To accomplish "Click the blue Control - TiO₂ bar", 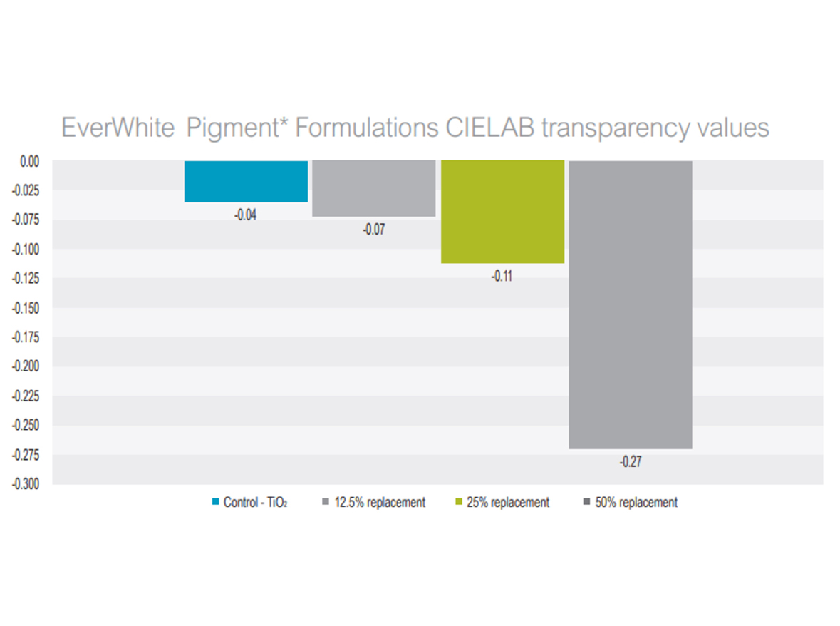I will (x=246, y=181).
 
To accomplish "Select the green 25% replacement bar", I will (x=503, y=212).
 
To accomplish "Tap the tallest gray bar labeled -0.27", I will (x=631, y=304).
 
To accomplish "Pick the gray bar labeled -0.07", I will (x=374, y=188).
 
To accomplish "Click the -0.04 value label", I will (x=245, y=215).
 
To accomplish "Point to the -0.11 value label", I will (x=502, y=277).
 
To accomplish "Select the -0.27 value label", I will (x=630, y=462).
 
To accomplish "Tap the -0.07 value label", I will (x=373, y=230).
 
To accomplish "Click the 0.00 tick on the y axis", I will (x=29, y=162).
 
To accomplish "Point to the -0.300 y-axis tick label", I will (x=26, y=484).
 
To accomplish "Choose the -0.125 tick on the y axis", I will (x=26, y=279).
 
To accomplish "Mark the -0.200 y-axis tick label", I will (x=26, y=366).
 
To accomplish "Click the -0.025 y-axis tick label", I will (x=26, y=190).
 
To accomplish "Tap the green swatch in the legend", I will (x=460, y=503).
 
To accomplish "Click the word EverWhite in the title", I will (x=118, y=128).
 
